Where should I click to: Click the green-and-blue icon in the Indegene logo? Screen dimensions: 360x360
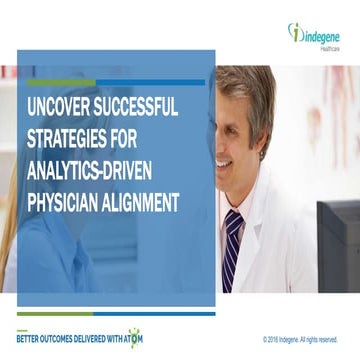(295, 32)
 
